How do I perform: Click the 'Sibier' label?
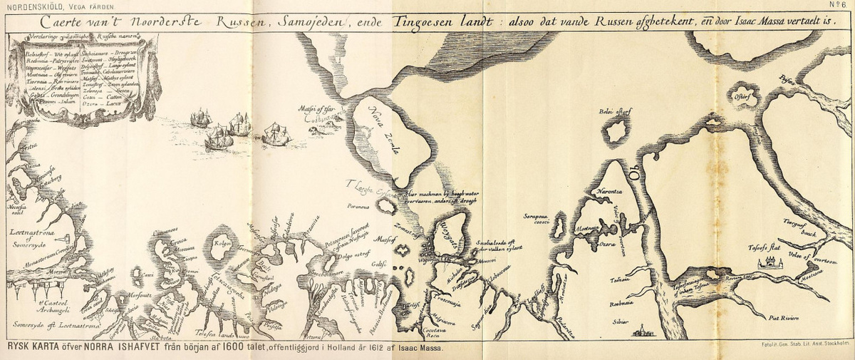point(620,322)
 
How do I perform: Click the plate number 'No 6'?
point(838,6)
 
